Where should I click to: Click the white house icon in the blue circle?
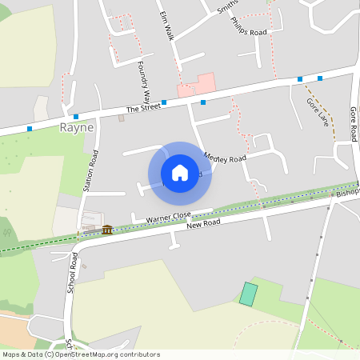point(180,173)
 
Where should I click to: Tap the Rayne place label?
point(77,127)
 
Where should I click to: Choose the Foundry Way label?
point(144,81)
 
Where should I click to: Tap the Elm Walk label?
point(166,26)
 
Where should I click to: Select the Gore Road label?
point(353,123)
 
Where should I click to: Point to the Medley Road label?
point(226,158)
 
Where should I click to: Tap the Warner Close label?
point(168,217)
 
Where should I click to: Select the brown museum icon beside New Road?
point(107,230)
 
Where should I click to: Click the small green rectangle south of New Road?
point(249,294)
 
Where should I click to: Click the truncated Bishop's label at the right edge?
point(348,193)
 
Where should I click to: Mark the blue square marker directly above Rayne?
point(75,117)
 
